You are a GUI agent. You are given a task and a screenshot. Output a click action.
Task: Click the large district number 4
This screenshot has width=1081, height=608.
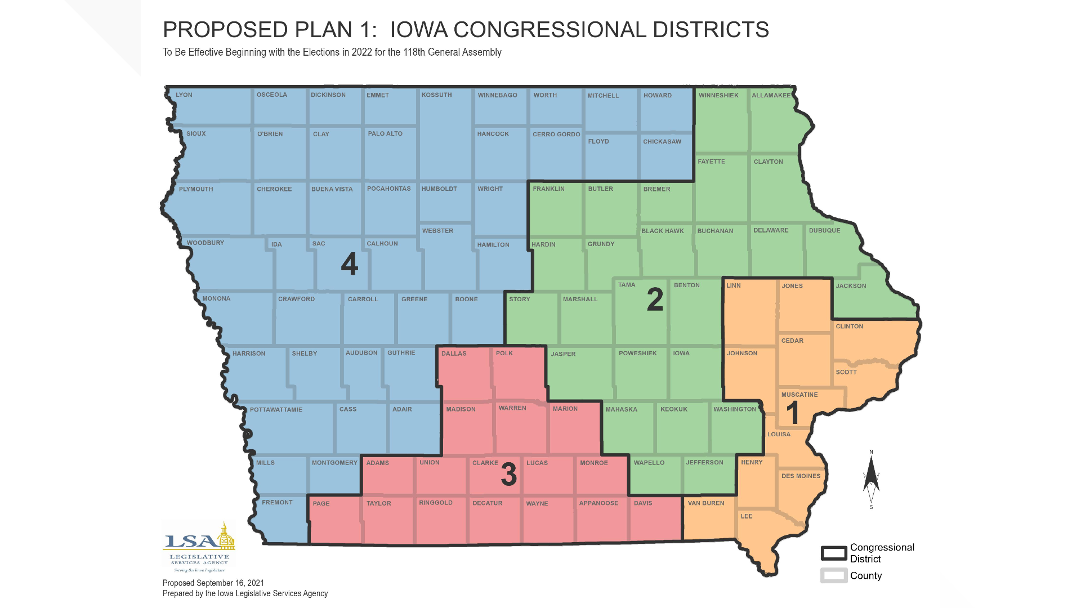click(349, 263)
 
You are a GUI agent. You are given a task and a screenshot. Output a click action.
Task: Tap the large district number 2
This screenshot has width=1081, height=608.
click(655, 299)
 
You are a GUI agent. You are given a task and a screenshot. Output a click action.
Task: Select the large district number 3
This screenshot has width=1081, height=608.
click(509, 475)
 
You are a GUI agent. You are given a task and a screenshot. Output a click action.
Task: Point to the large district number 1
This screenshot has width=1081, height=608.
click(793, 413)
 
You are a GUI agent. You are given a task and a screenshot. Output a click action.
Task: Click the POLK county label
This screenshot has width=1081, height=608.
click(504, 354)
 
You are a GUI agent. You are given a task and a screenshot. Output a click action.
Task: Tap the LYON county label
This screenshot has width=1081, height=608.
click(184, 95)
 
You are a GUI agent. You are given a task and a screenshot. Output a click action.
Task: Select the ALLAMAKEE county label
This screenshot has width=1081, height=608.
click(771, 96)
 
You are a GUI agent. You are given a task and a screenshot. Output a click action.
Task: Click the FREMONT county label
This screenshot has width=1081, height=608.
click(277, 503)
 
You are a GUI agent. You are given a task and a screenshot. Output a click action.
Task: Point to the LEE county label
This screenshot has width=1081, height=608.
click(746, 516)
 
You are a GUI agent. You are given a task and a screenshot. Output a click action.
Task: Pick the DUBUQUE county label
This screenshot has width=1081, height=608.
click(824, 231)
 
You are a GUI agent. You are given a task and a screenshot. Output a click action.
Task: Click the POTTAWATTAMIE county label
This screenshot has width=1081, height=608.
click(276, 410)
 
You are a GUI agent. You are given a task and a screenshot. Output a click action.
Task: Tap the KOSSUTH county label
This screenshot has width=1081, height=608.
click(436, 95)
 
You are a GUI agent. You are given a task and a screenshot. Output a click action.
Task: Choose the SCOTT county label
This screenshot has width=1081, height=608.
click(846, 373)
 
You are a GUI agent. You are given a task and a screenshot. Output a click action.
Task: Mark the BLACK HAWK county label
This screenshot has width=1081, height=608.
click(662, 231)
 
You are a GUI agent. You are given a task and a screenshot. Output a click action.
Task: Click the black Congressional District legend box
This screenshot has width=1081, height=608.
click(833, 553)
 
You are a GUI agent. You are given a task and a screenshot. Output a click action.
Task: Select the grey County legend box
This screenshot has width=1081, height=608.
click(833, 575)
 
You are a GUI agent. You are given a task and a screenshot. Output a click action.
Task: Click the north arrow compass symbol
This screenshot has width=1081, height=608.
click(871, 479)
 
